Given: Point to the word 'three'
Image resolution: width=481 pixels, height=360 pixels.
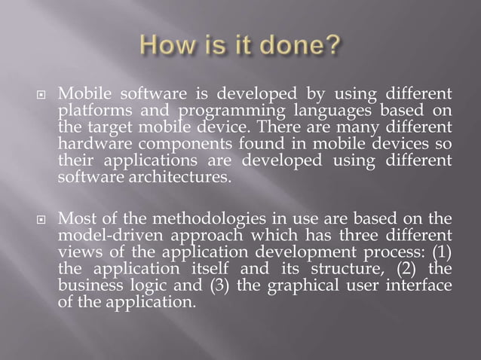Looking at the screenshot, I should [350, 235].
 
